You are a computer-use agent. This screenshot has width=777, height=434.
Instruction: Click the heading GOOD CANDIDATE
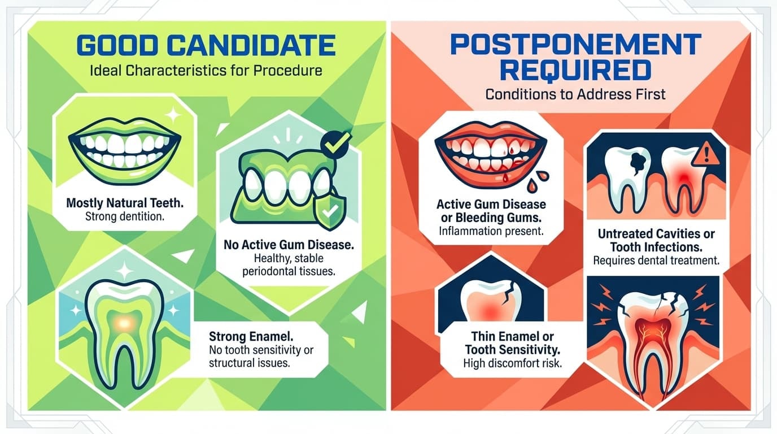tap(207, 45)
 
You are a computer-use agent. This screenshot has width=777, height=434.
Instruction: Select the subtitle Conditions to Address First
tap(575, 93)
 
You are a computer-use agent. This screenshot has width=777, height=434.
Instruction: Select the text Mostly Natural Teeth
tap(123, 202)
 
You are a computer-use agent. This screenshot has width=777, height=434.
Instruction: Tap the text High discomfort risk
tap(512, 363)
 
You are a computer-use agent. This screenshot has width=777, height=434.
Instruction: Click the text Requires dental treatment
tap(656, 261)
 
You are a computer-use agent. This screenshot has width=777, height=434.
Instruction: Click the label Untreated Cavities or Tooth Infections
tap(656, 240)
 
